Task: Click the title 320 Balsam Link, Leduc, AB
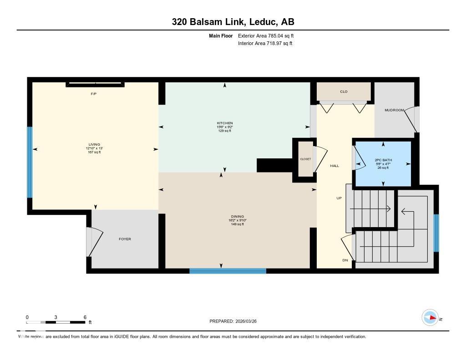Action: [233, 22]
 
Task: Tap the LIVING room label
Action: [94, 144]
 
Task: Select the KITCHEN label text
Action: [224, 123]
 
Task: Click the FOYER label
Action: [125, 239]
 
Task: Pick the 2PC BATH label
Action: [383, 160]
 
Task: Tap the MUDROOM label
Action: [394, 110]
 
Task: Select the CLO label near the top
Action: [344, 91]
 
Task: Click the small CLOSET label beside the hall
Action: [305, 159]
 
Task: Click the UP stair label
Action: [339, 198]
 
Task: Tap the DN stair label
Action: [345, 260]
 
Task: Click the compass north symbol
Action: [431, 318]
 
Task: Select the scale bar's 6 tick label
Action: [85, 317]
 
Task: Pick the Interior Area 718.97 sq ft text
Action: [265, 43]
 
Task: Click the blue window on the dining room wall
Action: [228, 271]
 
